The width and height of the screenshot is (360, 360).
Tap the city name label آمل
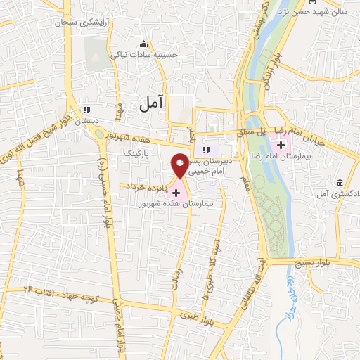(x=150, y=103)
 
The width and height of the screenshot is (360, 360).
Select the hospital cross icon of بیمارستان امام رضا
(x=281, y=146)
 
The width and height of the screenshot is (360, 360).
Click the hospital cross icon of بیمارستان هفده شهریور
(x=176, y=192)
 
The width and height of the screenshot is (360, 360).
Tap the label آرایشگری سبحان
(x=85, y=22)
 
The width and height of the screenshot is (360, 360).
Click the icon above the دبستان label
(x=86, y=110)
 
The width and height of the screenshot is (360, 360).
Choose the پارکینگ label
(x=137, y=151)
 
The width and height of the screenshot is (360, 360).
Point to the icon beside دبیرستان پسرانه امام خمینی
(x=206, y=150)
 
